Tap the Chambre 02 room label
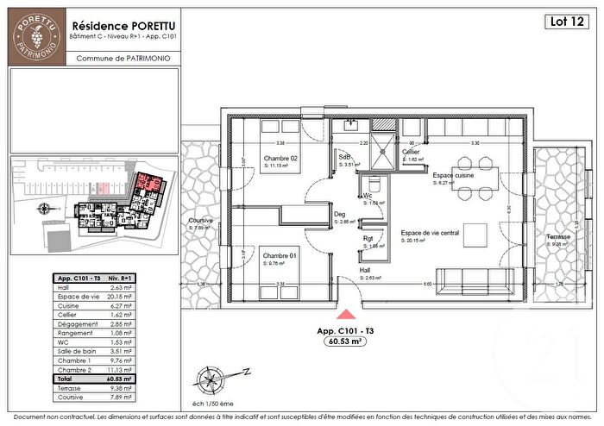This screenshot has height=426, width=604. (x=281, y=159)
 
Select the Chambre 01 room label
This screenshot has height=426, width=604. (x=280, y=256)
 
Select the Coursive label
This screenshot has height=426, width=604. (x=200, y=222)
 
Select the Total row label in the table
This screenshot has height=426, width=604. (x=66, y=379)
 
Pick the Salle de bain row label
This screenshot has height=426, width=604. (x=73, y=352)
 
